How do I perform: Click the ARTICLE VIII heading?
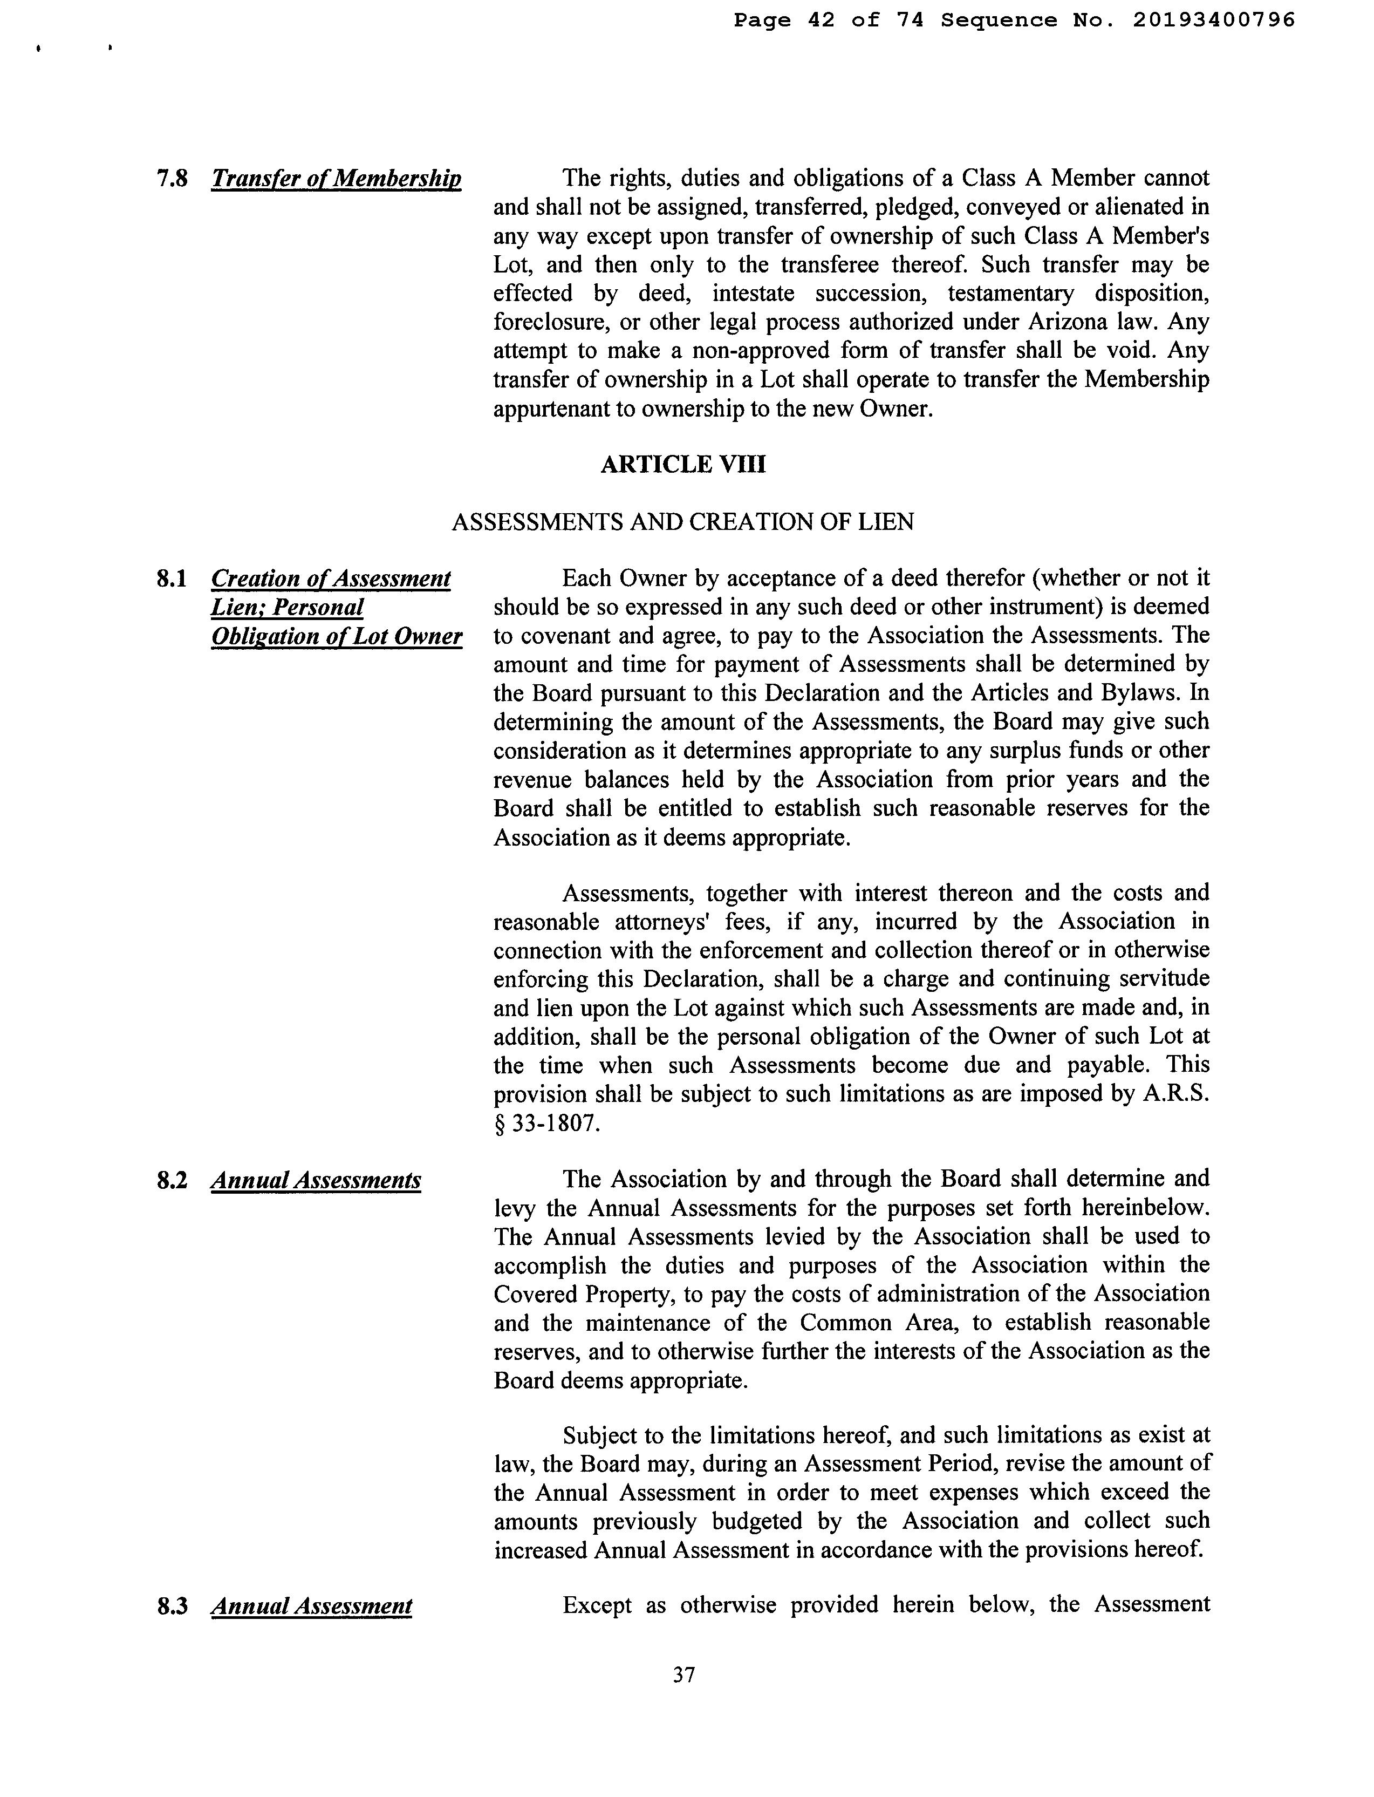pyautogui.click(x=683, y=465)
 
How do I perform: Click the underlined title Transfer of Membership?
pyautogui.click(x=336, y=178)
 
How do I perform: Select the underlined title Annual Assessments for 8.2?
pyautogui.click(x=316, y=1180)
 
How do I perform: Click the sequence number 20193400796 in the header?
pyautogui.click(x=1214, y=19)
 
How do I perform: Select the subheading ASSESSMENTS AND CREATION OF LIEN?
pyautogui.click(x=683, y=522)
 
